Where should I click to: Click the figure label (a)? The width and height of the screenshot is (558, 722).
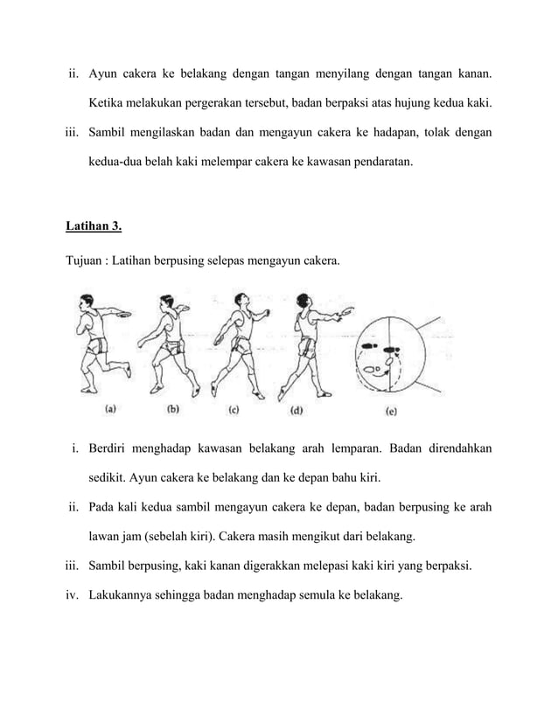pyautogui.click(x=113, y=407)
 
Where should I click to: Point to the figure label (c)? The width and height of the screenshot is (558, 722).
pyautogui.click(x=235, y=407)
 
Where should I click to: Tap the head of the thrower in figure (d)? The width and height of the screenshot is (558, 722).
pyautogui.click(x=306, y=300)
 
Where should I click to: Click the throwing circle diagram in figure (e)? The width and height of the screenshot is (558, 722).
pyautogui.click(x=389, y=354)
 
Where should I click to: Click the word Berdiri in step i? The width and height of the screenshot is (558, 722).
pyautogui.click(x=111, y=450)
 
